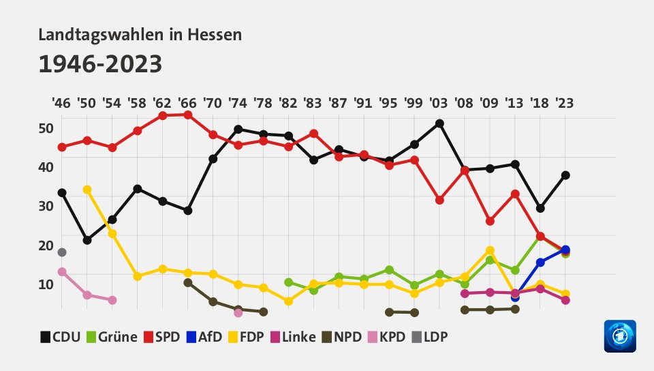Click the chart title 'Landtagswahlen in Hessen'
(140, 35)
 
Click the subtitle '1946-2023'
(100, 64)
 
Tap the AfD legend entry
(204, 337)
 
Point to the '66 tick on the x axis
(187, 104)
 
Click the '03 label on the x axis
(439, 104)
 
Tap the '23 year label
(564, 104)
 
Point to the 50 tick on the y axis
(46, 128)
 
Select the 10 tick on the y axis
(46, 284)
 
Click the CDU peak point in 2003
(439, 123)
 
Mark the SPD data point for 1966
(187, 115)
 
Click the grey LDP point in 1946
(62, 252)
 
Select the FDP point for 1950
(87, 190)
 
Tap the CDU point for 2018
(540, 208)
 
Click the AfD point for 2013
(515, 297)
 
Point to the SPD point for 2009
(490, 221)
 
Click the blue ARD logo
(619, 336)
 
